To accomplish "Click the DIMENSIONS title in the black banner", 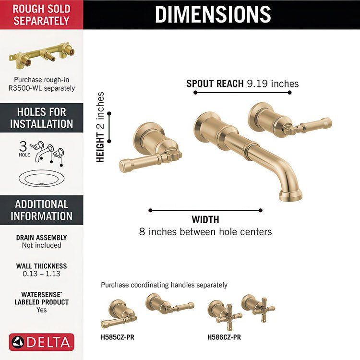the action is coord(213,14).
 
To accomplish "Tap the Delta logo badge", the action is coord(42,342).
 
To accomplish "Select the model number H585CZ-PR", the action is coord(117,337).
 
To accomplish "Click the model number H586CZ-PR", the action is coord(224,337).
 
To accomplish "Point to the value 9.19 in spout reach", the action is coord(257,84).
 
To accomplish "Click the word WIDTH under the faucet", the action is coord(205,220).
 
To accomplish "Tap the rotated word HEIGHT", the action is coord(100,147).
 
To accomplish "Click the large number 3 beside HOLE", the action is coord(23,146).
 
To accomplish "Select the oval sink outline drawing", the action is coord(42,179).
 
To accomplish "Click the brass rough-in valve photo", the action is coord(42,56).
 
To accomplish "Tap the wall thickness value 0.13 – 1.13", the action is coord(42,274).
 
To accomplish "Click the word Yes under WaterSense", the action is coord(42,310).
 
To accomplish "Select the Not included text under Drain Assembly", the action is coord(42,245).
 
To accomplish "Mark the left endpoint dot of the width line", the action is coord(150,210).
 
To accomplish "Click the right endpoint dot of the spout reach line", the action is coord(290,93).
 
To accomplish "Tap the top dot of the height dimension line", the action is coord(109,113).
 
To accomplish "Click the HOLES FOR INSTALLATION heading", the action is coord(42,118).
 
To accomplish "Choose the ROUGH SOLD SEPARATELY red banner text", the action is coord(42,15).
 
